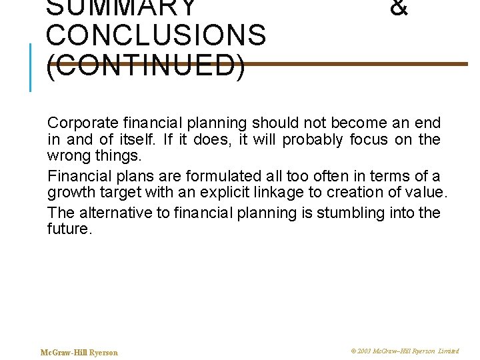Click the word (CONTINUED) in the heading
pyautogui.click(x=146, y=67)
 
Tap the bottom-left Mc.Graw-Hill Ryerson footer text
pyautogui.click(x=79, y=353)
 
